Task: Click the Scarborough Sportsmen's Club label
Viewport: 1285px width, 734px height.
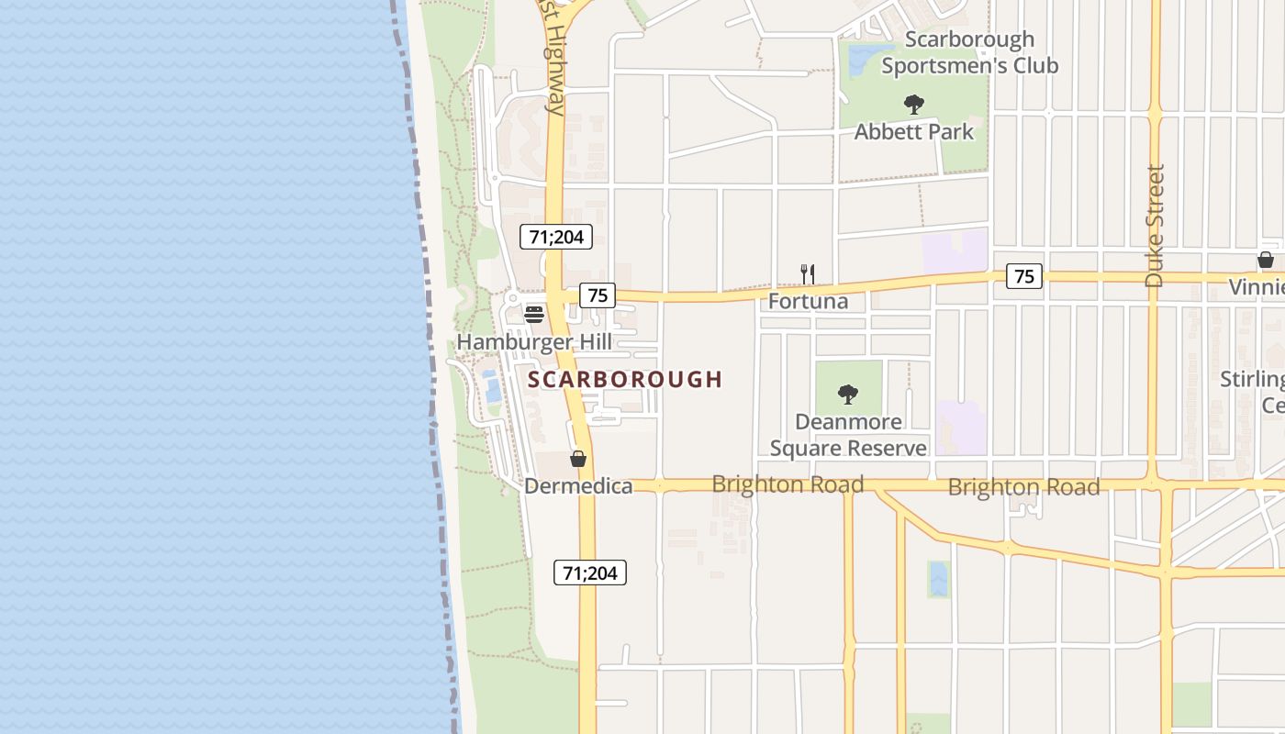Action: pyautogui.click(x=969, y=52)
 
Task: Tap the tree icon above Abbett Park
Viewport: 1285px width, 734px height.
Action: pyautogui.click(x=913, y=104)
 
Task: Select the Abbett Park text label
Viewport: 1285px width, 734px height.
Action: pyautogui.click(x=913, y=132)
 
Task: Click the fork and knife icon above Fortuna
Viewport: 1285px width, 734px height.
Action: pyautogui.click(x=808, y=273)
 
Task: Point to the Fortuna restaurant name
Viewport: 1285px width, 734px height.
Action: pyautogui.click(x=808, y=301)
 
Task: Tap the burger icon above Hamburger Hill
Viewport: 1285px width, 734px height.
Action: pyautogui.click(x=534, y=314)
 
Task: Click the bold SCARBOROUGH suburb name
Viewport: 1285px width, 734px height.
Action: pyautogui.click(x=625, y=379)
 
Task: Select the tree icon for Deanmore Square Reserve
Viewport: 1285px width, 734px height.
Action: pyautogui.click(x=848, y=395)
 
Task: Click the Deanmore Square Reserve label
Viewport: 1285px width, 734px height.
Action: pyautogui.click(x=848, y=435)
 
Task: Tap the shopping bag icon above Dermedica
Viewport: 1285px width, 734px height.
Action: pyautogui.click(x=578, y=459)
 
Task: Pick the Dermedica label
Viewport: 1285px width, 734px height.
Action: pyautogui.click(x=578, y=486)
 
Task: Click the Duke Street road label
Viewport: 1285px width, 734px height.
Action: pyautogui.click(x=1155, y=226)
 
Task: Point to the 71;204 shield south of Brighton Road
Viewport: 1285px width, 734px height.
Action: pyautogui.click(x=590, y=573)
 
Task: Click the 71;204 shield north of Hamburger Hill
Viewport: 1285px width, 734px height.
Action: pyautogui.click(x=556, y=237)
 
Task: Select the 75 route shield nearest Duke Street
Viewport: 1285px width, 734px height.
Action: pyautogui.click(x=1024, y=275)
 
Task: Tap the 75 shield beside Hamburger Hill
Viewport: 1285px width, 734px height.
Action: pyautogui.click(x=598, y=295)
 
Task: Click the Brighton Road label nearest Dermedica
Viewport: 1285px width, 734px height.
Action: pyautogui.click(x=788, y=484)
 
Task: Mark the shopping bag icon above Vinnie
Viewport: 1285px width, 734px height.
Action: pyautogui.click(x=1266, y=260)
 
